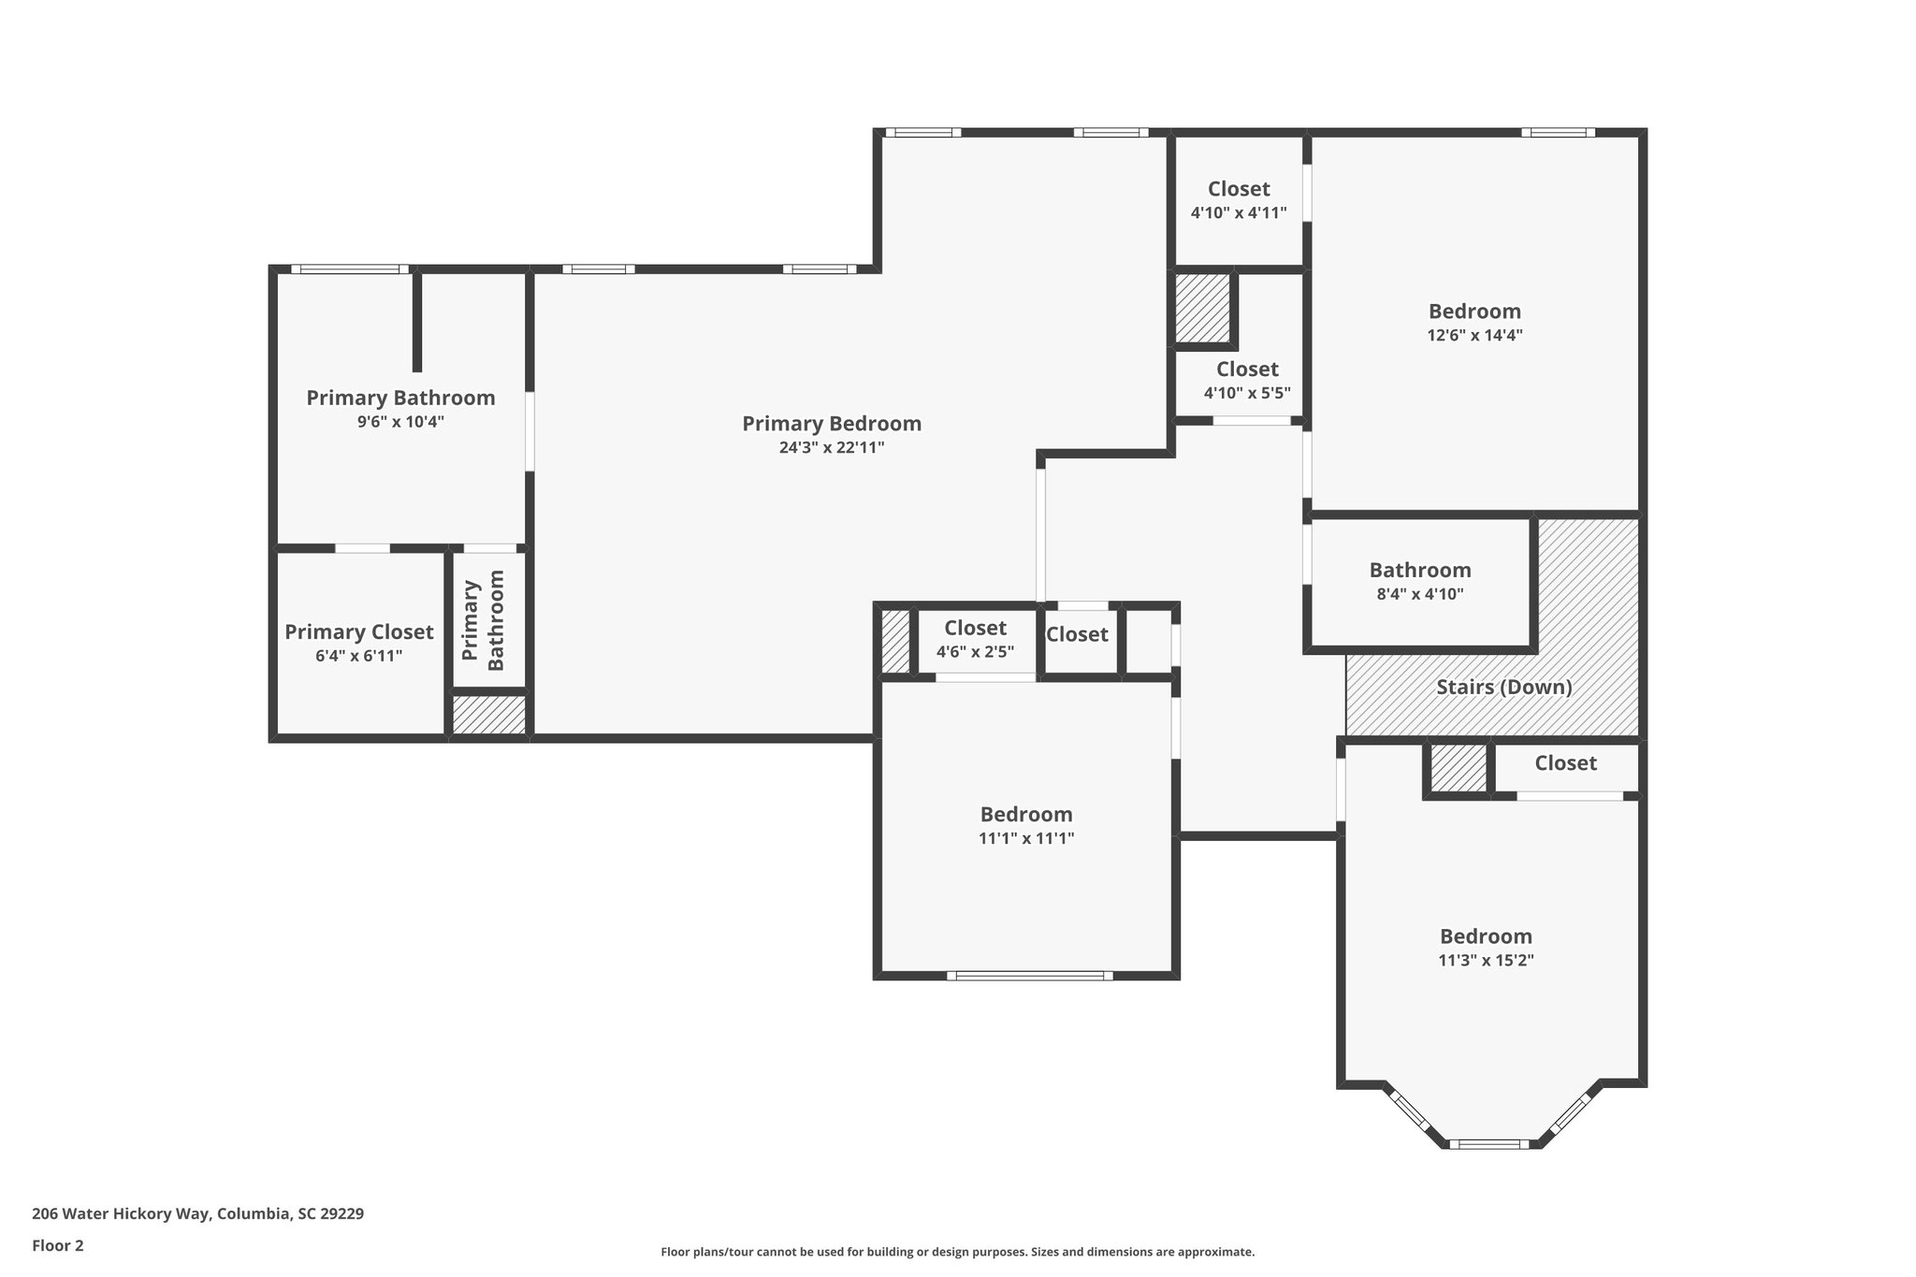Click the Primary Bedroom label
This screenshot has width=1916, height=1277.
point(832,424)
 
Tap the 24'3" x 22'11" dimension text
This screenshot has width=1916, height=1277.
point(832,448)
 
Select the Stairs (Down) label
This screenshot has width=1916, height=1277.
point(1503,688)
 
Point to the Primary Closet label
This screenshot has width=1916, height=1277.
point(359,632)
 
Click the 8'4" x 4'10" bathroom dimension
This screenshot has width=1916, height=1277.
point(1420,594)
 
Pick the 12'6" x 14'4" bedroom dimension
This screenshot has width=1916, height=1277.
point(1474,336)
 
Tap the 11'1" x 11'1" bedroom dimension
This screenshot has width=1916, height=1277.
point(1026,839)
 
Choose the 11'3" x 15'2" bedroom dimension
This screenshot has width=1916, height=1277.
point(1486,961)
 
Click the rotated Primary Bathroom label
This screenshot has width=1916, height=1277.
point(484,620)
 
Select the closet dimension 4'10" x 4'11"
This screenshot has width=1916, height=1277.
point(1239,213)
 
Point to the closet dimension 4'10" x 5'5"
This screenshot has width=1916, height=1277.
point(1247,394)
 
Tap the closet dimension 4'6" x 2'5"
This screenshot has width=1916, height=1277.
point(975,652)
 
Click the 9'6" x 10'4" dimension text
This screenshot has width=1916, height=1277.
point(400,422)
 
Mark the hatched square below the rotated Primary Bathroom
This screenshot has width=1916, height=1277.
point(489,715)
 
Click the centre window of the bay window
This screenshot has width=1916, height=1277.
point(1488,1143)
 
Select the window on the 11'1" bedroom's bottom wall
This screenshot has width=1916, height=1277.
point(1029,976)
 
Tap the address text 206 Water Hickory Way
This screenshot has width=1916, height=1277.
point(123,1214)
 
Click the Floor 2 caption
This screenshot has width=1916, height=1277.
point(58,1245)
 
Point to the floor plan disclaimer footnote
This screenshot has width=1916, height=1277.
point(957,1252)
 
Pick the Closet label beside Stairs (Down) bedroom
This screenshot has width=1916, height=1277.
point(1565,763)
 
